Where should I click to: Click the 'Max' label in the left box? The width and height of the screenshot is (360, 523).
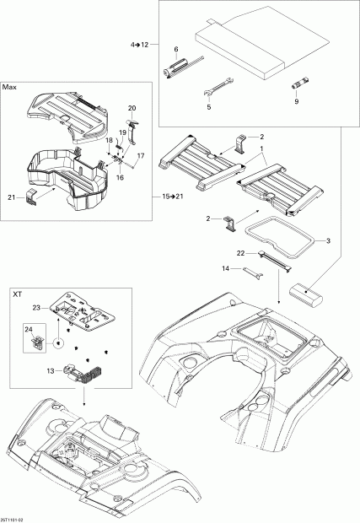coord(10,87)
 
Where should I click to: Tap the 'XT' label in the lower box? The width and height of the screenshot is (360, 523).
coord(17,296)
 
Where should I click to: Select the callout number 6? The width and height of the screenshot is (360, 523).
coord(175,50)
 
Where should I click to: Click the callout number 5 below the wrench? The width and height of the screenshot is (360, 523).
coord(208,107)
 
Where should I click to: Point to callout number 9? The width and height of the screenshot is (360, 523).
coord(296,102)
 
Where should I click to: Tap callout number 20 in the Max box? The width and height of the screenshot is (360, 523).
coord(132,108)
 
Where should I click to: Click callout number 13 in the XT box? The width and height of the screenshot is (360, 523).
coord(51,369)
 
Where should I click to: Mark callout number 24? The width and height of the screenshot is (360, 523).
coord(27,330)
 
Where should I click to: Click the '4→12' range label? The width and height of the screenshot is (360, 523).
coord(139,43)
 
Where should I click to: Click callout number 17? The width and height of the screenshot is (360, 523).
coord(141,156)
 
